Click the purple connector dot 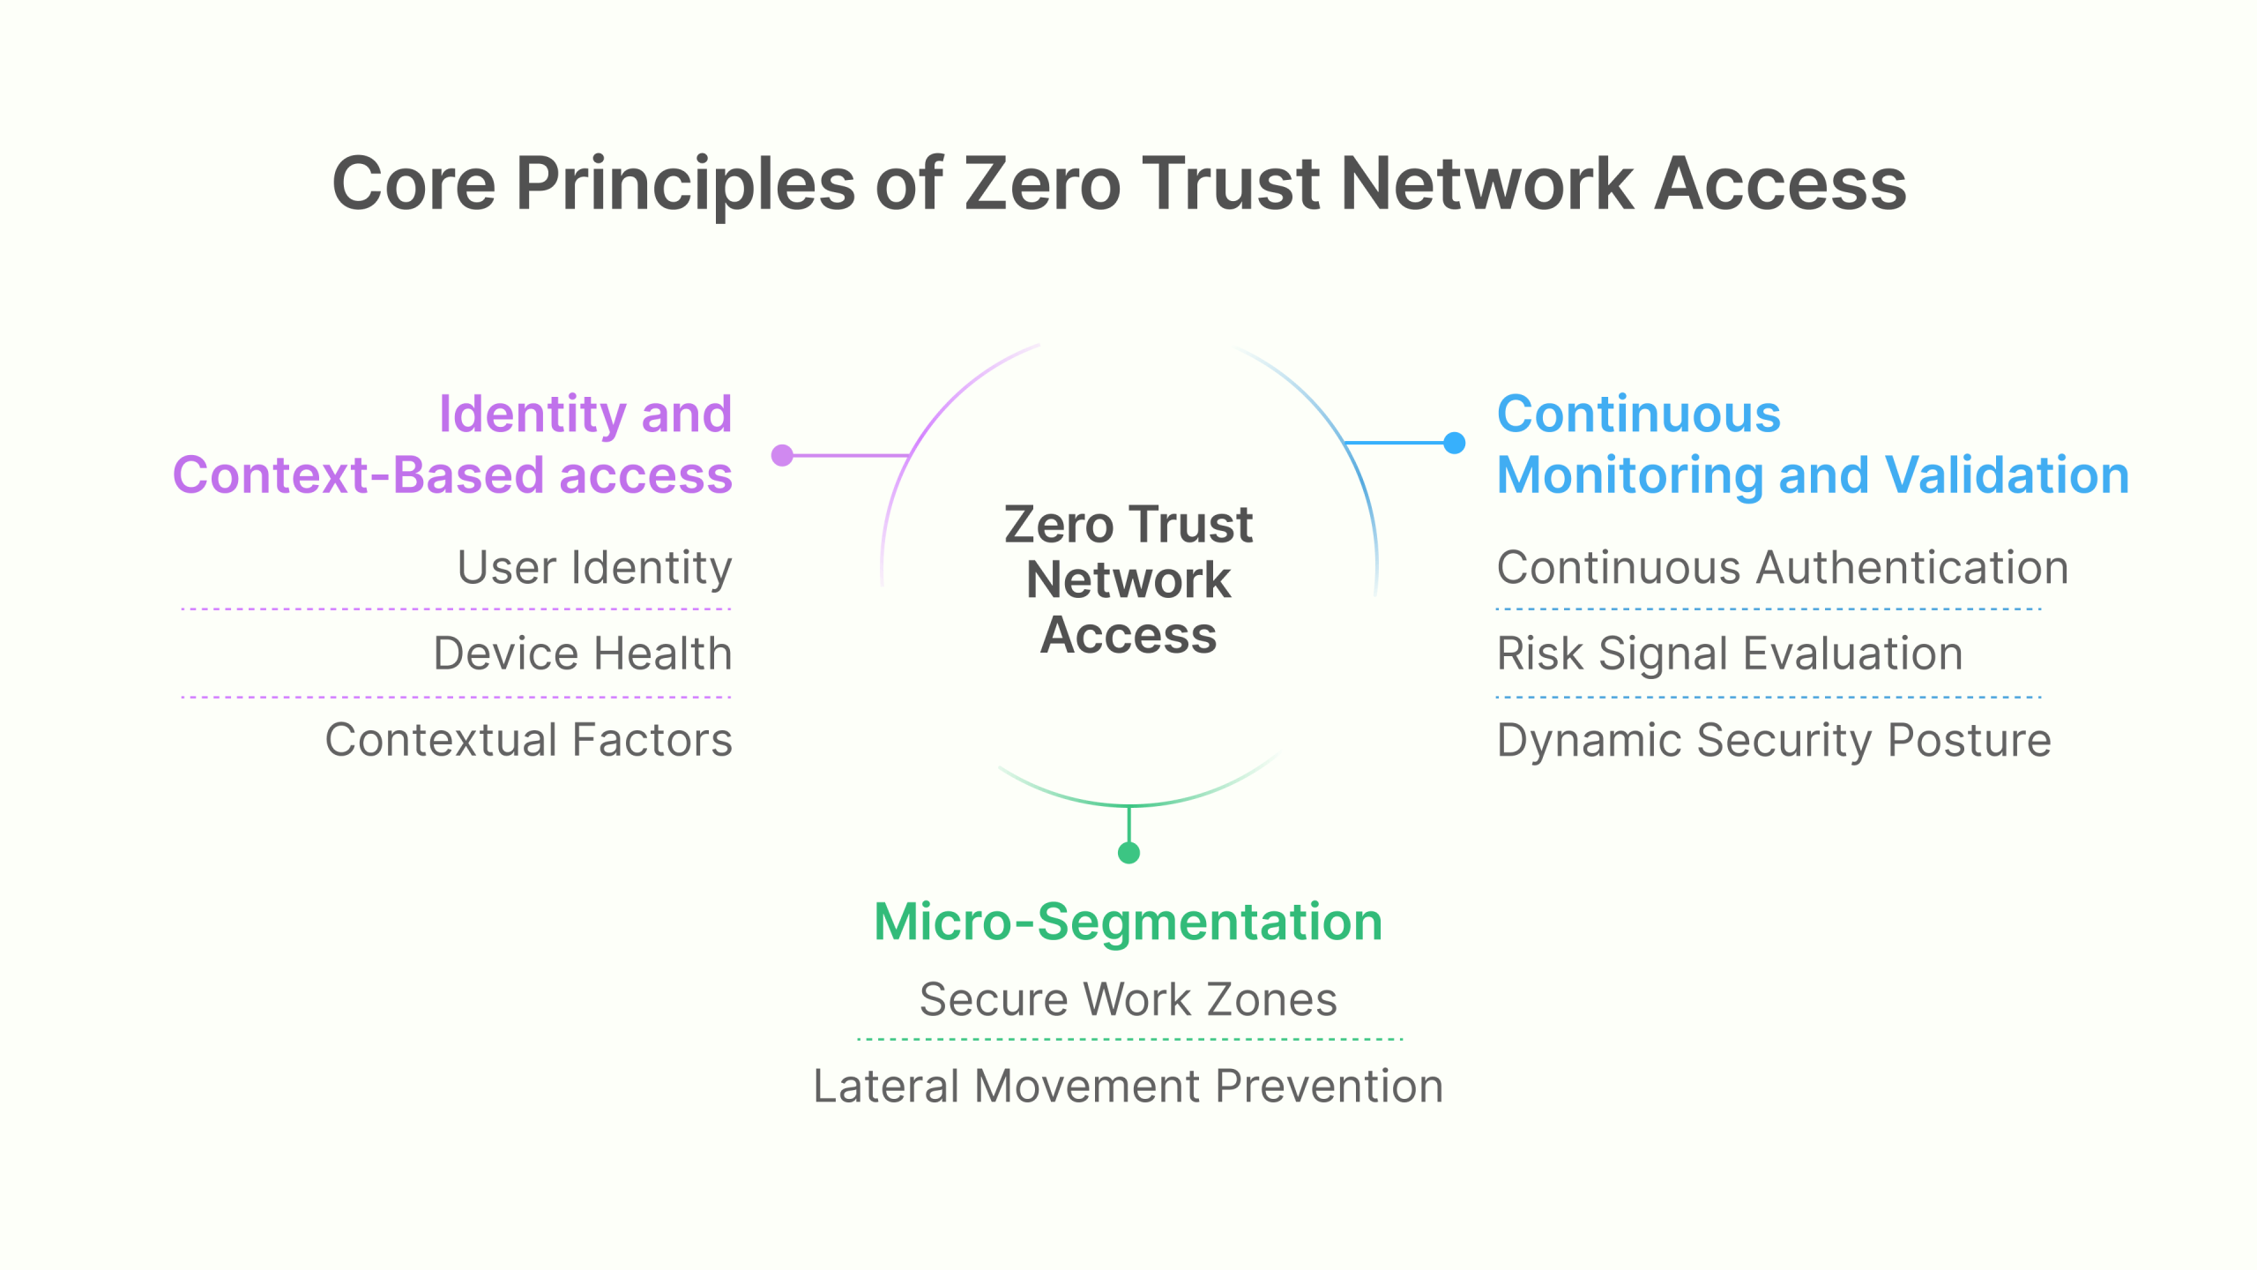click(782, 455)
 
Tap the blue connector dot click(1455, 443)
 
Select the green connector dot click(1128, 853)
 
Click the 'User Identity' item click(594, 567)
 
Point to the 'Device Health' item click(583, 654)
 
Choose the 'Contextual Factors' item click(529, 740)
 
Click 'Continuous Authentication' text click(1783, 567)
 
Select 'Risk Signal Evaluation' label click(1730, 654)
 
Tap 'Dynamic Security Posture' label click(1774, 740)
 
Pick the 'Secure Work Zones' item click(1128, 999)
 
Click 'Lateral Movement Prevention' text click(1128, 1086)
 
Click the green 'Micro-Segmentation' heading click(1128, 923)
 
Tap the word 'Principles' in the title click(686, 184)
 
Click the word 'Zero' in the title click(1042, 184)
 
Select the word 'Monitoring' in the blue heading click(1629, 475)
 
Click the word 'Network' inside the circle click(1128, 580)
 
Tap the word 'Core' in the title click(414, 184)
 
